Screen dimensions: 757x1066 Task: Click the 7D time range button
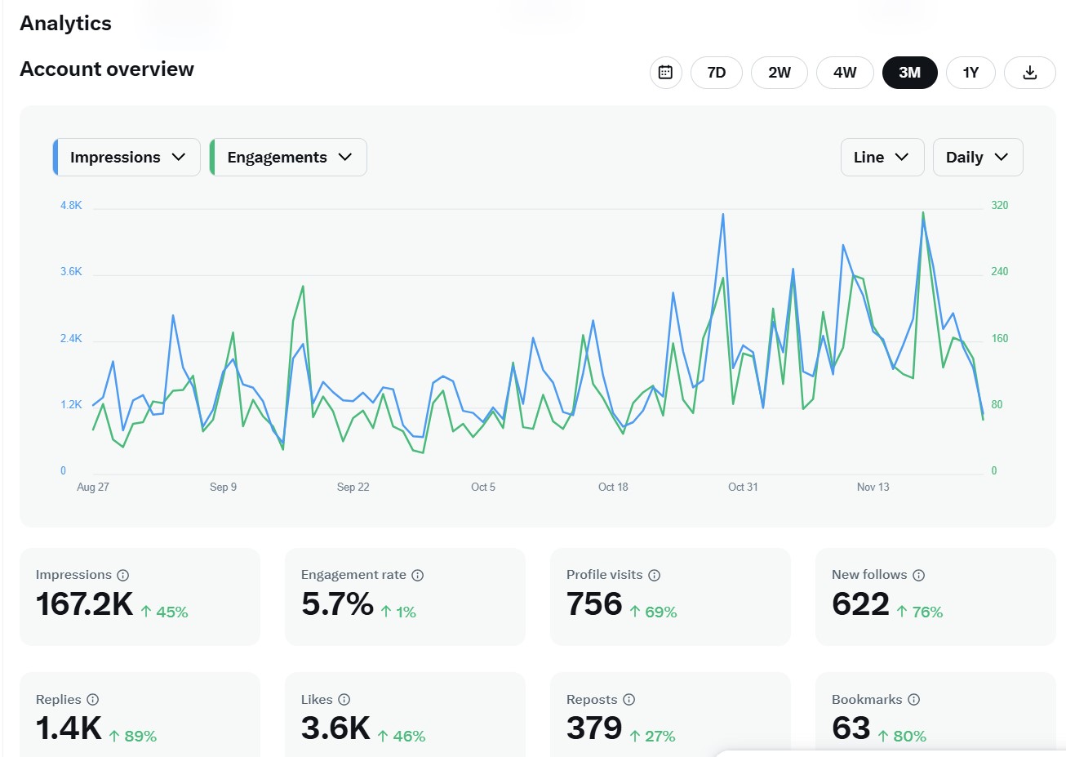pos(716,73)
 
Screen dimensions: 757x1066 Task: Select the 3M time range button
pos(909,73)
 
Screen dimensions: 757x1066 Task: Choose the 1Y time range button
pos(971,73)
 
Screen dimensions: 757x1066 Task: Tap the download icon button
pos(1029,73)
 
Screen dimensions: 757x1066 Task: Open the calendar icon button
pos(665,73)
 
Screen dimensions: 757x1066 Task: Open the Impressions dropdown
pos(127,158)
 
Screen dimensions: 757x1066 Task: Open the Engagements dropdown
pos(288,158)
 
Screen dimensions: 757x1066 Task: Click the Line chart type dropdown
pos(882,158)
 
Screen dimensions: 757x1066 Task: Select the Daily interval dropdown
pos(977,158)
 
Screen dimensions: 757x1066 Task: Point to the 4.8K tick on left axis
pos(71,205)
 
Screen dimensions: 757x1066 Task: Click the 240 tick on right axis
pos(999,271)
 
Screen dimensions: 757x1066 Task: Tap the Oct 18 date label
pos(613,487)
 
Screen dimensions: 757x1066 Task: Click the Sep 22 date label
pos(353,487)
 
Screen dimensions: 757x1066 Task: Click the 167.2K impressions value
pos(84,604)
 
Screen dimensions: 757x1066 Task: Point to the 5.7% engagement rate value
pos(337,604)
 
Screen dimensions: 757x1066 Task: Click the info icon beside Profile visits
pos(654,575)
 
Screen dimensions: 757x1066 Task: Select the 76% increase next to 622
pos(920,612)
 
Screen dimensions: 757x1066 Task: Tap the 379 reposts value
pos(594,728)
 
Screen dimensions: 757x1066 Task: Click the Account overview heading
pos(107,69)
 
